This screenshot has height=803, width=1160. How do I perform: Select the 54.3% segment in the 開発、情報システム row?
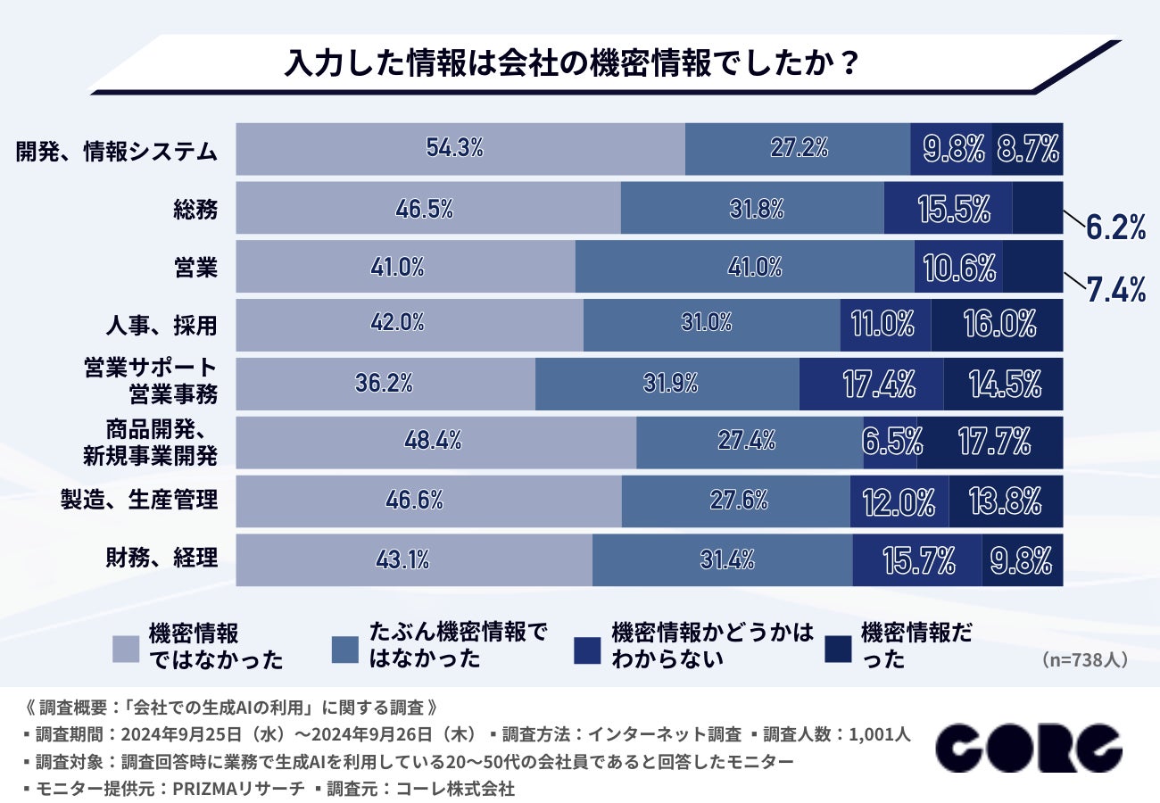pyautogui.click(x=460, y=148)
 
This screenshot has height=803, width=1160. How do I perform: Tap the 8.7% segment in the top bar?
pyautogui.click(x=1028, y=148)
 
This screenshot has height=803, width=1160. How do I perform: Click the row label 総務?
pyautogui.click(x=195, y=209)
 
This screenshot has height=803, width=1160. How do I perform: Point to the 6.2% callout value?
pyautogui.click(x=1115, y=228)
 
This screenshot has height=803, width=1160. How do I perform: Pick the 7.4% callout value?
pyautogui.click(x=1115, y=290)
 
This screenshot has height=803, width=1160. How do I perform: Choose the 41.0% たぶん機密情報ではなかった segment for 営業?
pyautogui.click(x=744, y=266)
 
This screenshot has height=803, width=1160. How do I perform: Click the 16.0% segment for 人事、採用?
pyautogui.click(x=998, y=324)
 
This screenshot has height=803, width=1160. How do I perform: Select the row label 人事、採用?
pyautogui.click(x=161, y=324)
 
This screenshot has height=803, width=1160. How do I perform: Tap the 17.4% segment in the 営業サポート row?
pyautogui.click(x=871, y=384)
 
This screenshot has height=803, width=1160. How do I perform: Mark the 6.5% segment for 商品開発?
pyautogui.click(x=891, y=441)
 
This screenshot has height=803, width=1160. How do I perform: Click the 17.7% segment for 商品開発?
pyautogui.click(x=990, y=441)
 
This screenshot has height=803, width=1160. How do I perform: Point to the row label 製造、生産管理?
pyautogui.click(x=139, y=500)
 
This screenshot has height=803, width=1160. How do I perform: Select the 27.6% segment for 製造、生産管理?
pyautogui.click(x=736, y=500)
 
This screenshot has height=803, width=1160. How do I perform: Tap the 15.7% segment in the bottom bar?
pyautogui.click(x=917, y=559)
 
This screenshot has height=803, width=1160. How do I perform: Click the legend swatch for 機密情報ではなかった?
pyautogui.click(x=126, y=649)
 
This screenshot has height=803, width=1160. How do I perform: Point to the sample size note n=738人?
pyautogui.click(x=1084, y=660)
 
